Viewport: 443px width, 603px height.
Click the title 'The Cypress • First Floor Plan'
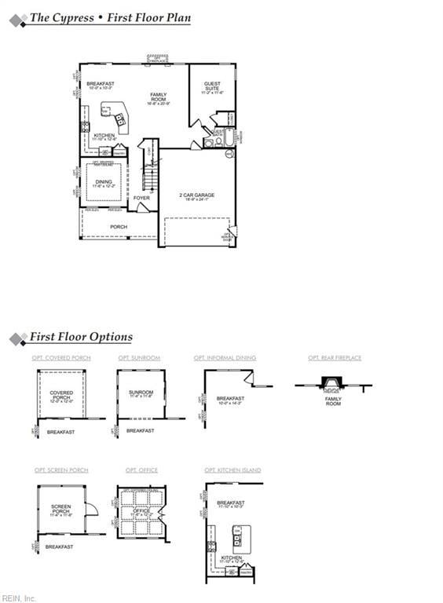(x=109, y=18)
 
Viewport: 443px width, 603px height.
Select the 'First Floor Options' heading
(x=80, y=337)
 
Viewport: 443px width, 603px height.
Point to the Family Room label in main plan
(x=159, y=97)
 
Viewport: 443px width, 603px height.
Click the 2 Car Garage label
(x=197, y=196)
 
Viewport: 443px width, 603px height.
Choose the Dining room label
(x=104, y=183)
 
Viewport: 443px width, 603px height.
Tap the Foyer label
(x=141, y=198)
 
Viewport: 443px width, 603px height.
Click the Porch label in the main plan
(x=119, y=227)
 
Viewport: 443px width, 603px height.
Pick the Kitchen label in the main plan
(x=104, y=136)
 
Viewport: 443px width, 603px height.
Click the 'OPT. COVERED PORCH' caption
(x=61, y=358)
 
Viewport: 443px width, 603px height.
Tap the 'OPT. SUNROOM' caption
(x=139, y=358)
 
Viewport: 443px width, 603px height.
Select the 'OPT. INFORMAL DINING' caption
(x=225, y=358)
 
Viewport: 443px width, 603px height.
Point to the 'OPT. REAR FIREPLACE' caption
(x=335, y=358)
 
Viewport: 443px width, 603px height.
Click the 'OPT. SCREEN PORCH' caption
(x=61, y=470)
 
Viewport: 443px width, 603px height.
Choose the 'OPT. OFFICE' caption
(x=141, y=470)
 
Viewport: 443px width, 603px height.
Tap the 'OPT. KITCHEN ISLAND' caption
(x=232, y=470)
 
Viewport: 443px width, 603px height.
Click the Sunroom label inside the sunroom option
(x=141, y=392)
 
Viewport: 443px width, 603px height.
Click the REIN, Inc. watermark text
(x=18, y=598)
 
